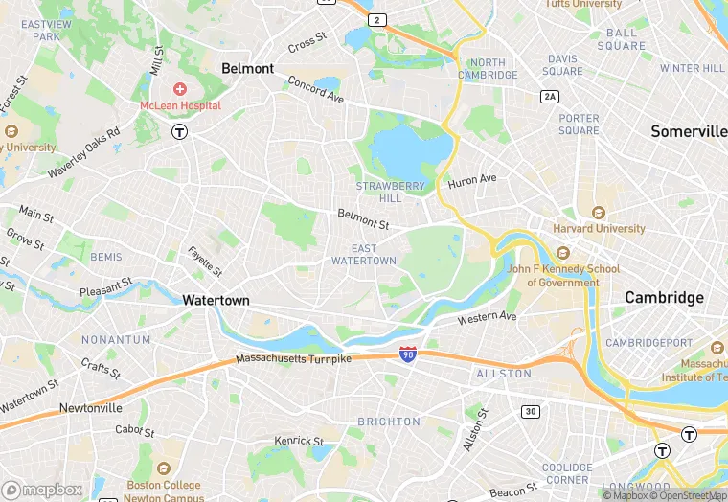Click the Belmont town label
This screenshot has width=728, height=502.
(x=247, y=69)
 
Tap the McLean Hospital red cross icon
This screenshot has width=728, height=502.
(x=180, y=89)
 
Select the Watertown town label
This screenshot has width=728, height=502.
(x=216, y=300)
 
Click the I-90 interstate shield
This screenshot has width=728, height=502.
(x=408, y=354)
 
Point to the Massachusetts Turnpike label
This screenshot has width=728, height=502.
(x=294, y=359)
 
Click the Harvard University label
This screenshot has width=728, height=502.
(x=599, y=229)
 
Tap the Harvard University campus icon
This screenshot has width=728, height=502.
(x=599, y=212)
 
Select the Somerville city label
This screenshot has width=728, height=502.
(x=689, y=131)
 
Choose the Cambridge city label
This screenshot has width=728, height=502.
(x=664, y=298)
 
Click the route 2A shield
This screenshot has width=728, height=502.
(x=549, y=96)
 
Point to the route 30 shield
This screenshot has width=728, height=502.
(x=530, y=411)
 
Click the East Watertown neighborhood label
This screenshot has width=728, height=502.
(x=363, y=255)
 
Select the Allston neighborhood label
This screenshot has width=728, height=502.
(x=504, y=374)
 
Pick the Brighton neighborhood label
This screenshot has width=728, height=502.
(x=388, y=422)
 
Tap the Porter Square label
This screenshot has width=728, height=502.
(x=579, y=125)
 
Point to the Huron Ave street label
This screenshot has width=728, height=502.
(x=472, y=180)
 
